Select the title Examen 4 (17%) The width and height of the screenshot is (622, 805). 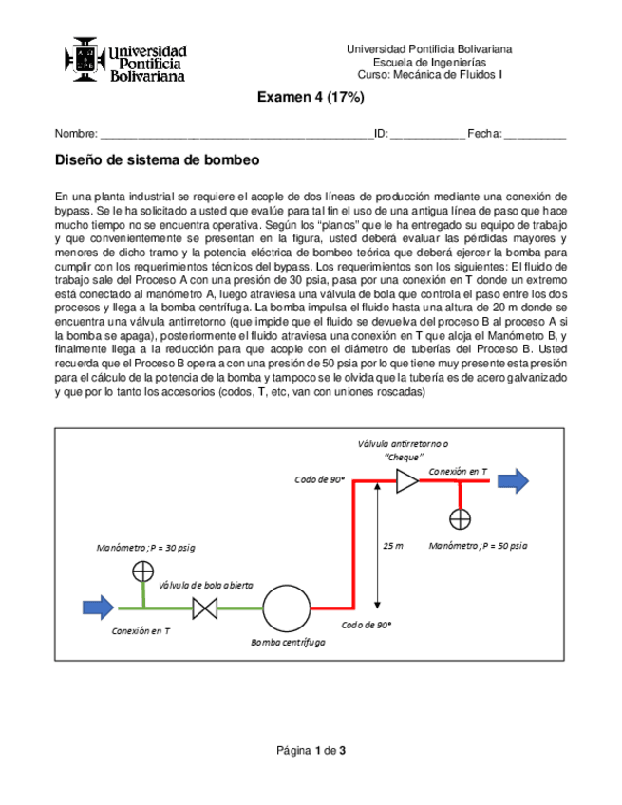tap(311, 99)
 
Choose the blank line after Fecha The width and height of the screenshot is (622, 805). tap(535, 135)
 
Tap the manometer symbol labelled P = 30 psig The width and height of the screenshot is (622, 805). tap(142, 571)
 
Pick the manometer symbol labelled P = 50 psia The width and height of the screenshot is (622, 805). tap(461, 518)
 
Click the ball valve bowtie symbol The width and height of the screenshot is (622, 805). tap(204, 608)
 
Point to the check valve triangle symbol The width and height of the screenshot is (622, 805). tap(406, 482)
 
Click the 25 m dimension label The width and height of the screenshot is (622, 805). tap(392, 546)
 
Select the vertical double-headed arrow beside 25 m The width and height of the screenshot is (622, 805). tap(379, 546)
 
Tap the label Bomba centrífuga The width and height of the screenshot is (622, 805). tap(288, 643)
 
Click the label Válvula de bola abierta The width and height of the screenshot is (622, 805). tap(206, 585)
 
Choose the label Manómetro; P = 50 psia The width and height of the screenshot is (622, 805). tap(478, 546)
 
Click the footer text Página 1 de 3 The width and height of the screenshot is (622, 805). tap(311, 751)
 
